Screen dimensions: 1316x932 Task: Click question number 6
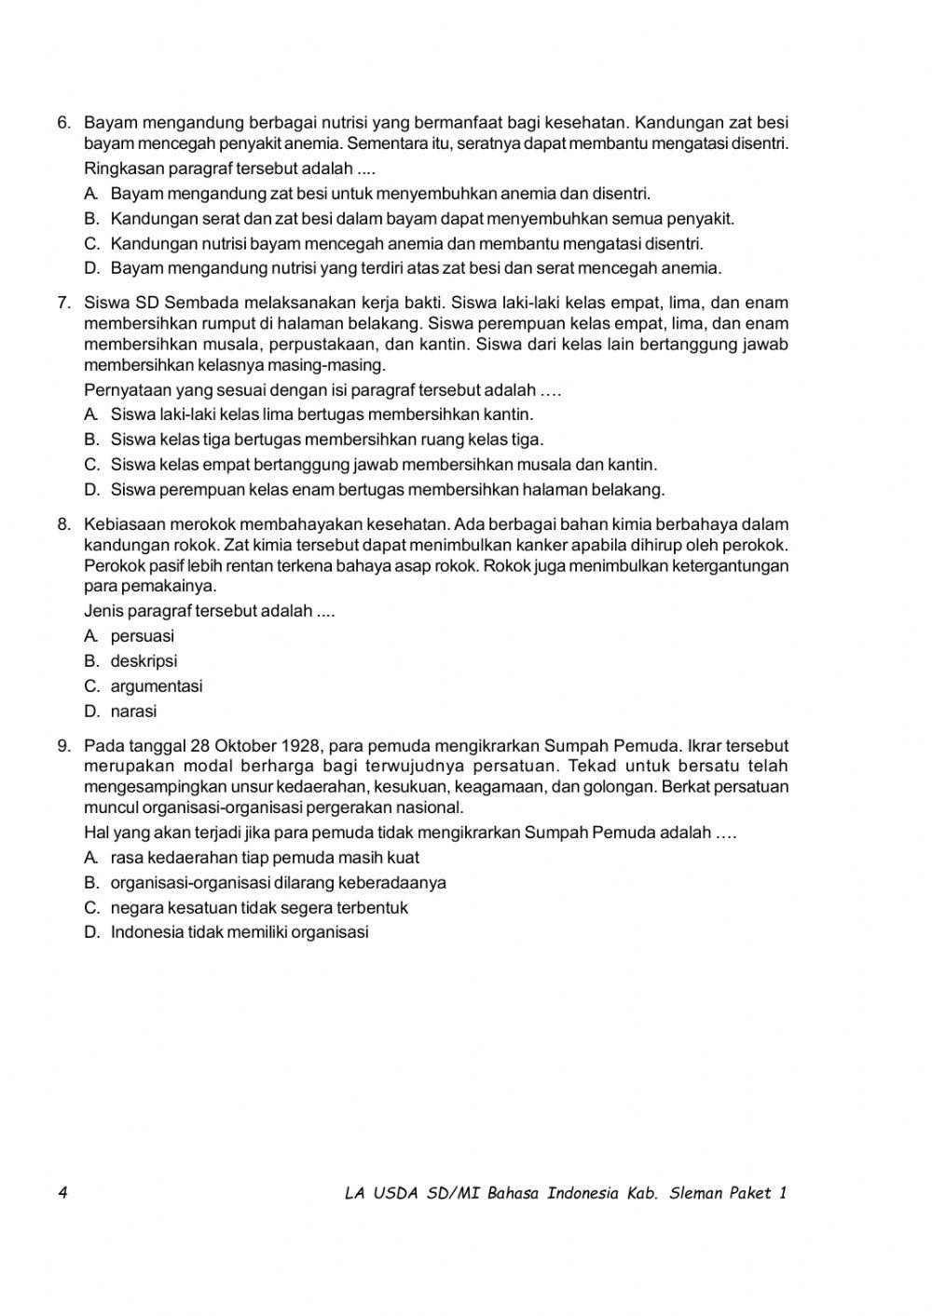(x=63, y=123)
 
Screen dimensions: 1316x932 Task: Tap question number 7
(x=63, y=303)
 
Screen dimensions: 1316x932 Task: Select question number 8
(x=63, y=524)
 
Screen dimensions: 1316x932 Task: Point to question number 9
(x=63, y=746)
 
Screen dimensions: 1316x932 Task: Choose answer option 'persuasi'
(x=142, y=637)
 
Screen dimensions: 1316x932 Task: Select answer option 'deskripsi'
(x=144, y=661)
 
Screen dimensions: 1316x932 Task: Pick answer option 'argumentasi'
(x=156, y=686)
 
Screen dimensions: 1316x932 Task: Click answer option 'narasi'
(x=133, y=712)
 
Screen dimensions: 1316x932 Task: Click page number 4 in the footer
(x=62, y=1193)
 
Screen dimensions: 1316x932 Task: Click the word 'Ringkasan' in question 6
(x=122, y=170)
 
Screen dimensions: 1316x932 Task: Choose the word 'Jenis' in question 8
(x=103, y=612)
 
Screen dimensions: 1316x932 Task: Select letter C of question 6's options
(x=91, y=244)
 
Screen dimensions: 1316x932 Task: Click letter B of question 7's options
(x=91, y=440)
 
